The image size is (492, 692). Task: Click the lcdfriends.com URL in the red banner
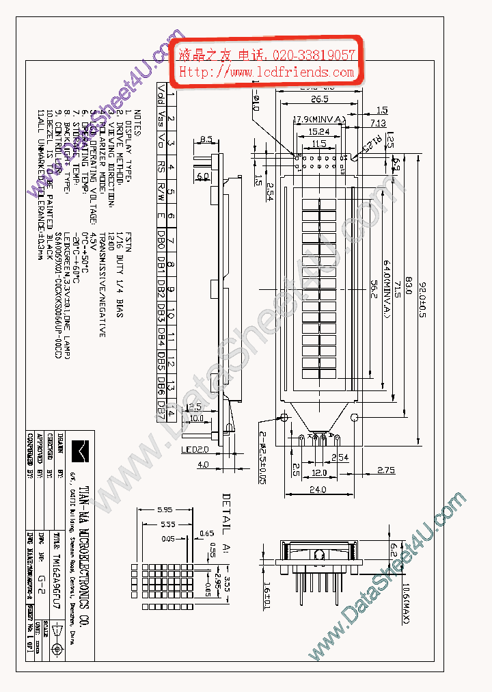[267, 72]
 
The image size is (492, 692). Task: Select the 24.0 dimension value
[318, 490]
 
